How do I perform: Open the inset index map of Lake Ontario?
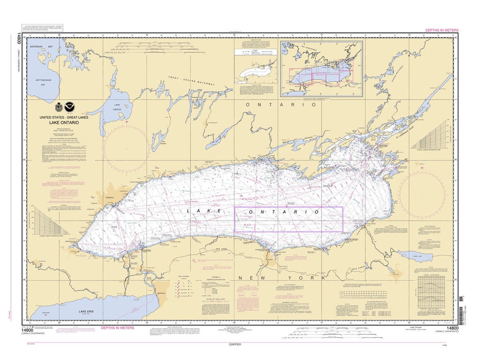coord(321,69)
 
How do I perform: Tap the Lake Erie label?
coord(87,311)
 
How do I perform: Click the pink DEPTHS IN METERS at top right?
coord(441,30)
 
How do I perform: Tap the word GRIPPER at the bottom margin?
coord(235,345)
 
